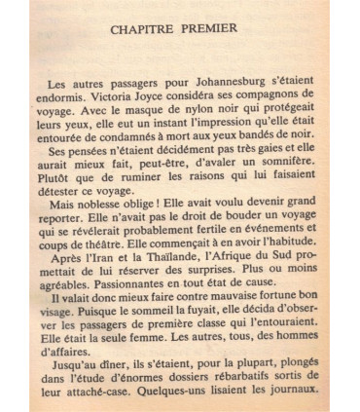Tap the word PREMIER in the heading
(208, 27)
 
